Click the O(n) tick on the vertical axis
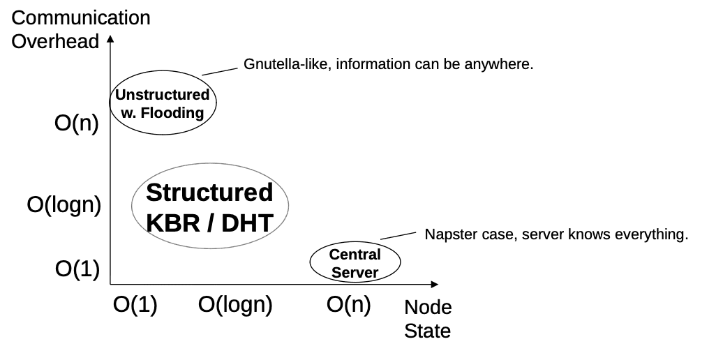[76, 126]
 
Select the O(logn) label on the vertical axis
[64, 205]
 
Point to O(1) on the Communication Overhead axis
[76, 269]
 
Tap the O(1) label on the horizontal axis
[135, 306]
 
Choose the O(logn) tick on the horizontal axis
[235, 306]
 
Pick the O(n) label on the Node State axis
[348, 306]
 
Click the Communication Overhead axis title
[81, 29]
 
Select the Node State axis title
[428, 319]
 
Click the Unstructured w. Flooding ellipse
[163, 103]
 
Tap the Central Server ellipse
[355, 263]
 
